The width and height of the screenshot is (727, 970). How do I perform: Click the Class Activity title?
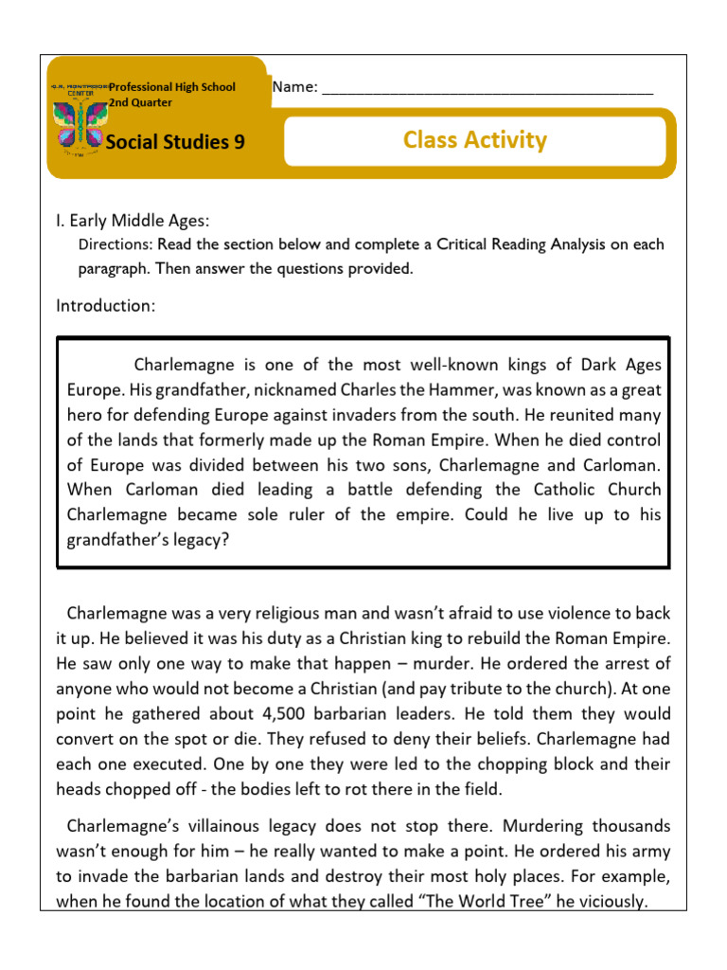click(x=474, y=140)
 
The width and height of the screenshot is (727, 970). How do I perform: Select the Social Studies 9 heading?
click(x=175, y=142)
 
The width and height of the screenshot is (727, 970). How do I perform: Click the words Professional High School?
click(x=172, y=87)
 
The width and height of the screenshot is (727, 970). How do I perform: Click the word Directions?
click(x=115, y=244)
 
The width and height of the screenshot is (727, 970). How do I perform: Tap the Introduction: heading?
click(x=105, y=305)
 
